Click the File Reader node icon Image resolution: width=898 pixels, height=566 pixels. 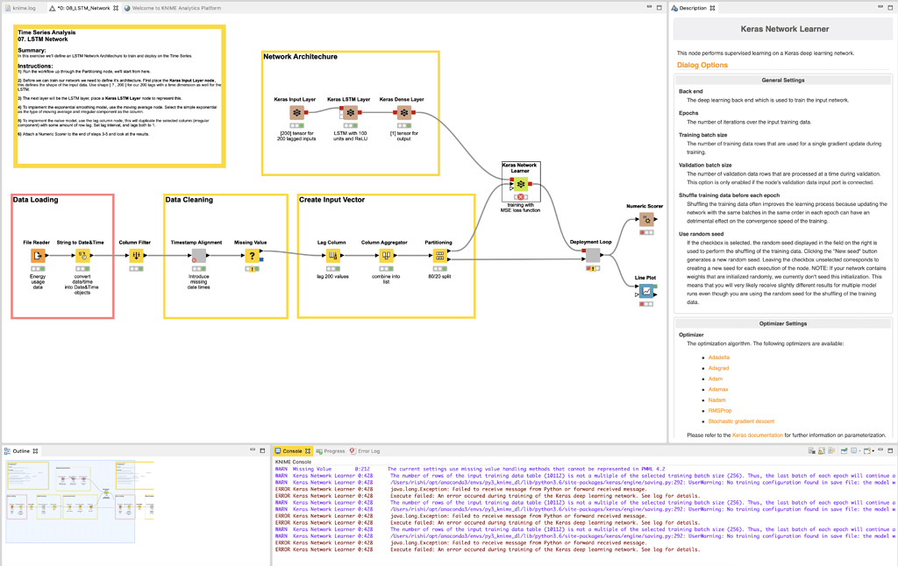click(x=38, y=255)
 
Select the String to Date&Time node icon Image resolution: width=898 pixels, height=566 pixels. click(x=82, y=255)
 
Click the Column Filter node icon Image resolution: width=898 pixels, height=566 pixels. click(x=136, y=255)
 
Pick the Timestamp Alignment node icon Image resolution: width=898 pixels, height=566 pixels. click(x=199, y=255)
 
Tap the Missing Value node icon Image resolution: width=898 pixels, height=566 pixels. click(x=252, y=255)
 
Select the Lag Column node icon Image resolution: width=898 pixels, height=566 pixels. click(x=332, y=255)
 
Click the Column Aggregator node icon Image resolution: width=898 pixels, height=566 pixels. click(x=386, y=255)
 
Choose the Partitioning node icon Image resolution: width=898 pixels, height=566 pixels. click(x=439, y=255)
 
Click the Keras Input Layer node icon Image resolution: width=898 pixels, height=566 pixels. click(x=296, y=113)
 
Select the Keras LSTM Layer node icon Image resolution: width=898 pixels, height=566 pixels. click(x=350, y=113)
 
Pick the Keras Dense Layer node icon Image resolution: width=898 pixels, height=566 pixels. click(x=403, y=113)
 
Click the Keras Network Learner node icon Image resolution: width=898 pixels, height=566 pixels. click(x=520, y=184)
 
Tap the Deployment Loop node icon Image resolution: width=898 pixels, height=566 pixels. click(x=593, y=255)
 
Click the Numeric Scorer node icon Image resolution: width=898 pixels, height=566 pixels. click(x=646, y=219)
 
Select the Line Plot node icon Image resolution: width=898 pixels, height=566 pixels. click(x=646, y=291)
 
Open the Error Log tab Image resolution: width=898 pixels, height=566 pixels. click(x=368, y=451)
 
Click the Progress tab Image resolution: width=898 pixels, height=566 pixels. click(x=334, y=451)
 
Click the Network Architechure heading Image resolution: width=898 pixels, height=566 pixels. click(x=300, y=57)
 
